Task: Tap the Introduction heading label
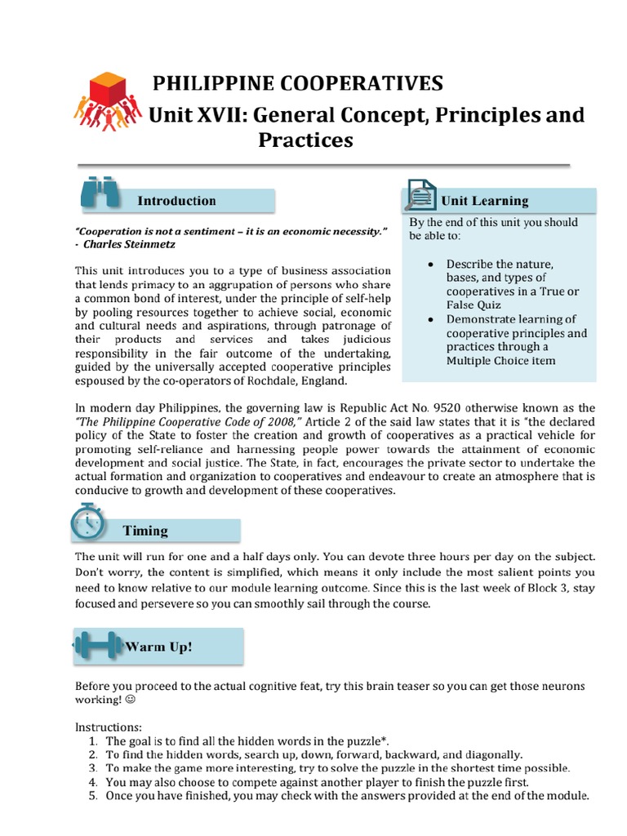176,201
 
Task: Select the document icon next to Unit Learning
418,197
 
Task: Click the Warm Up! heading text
158,647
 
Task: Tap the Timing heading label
145,531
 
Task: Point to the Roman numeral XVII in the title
218,115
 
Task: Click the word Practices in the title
305,140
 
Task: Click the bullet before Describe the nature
429,265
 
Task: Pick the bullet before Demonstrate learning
429,319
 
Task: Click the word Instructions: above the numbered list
109,727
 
